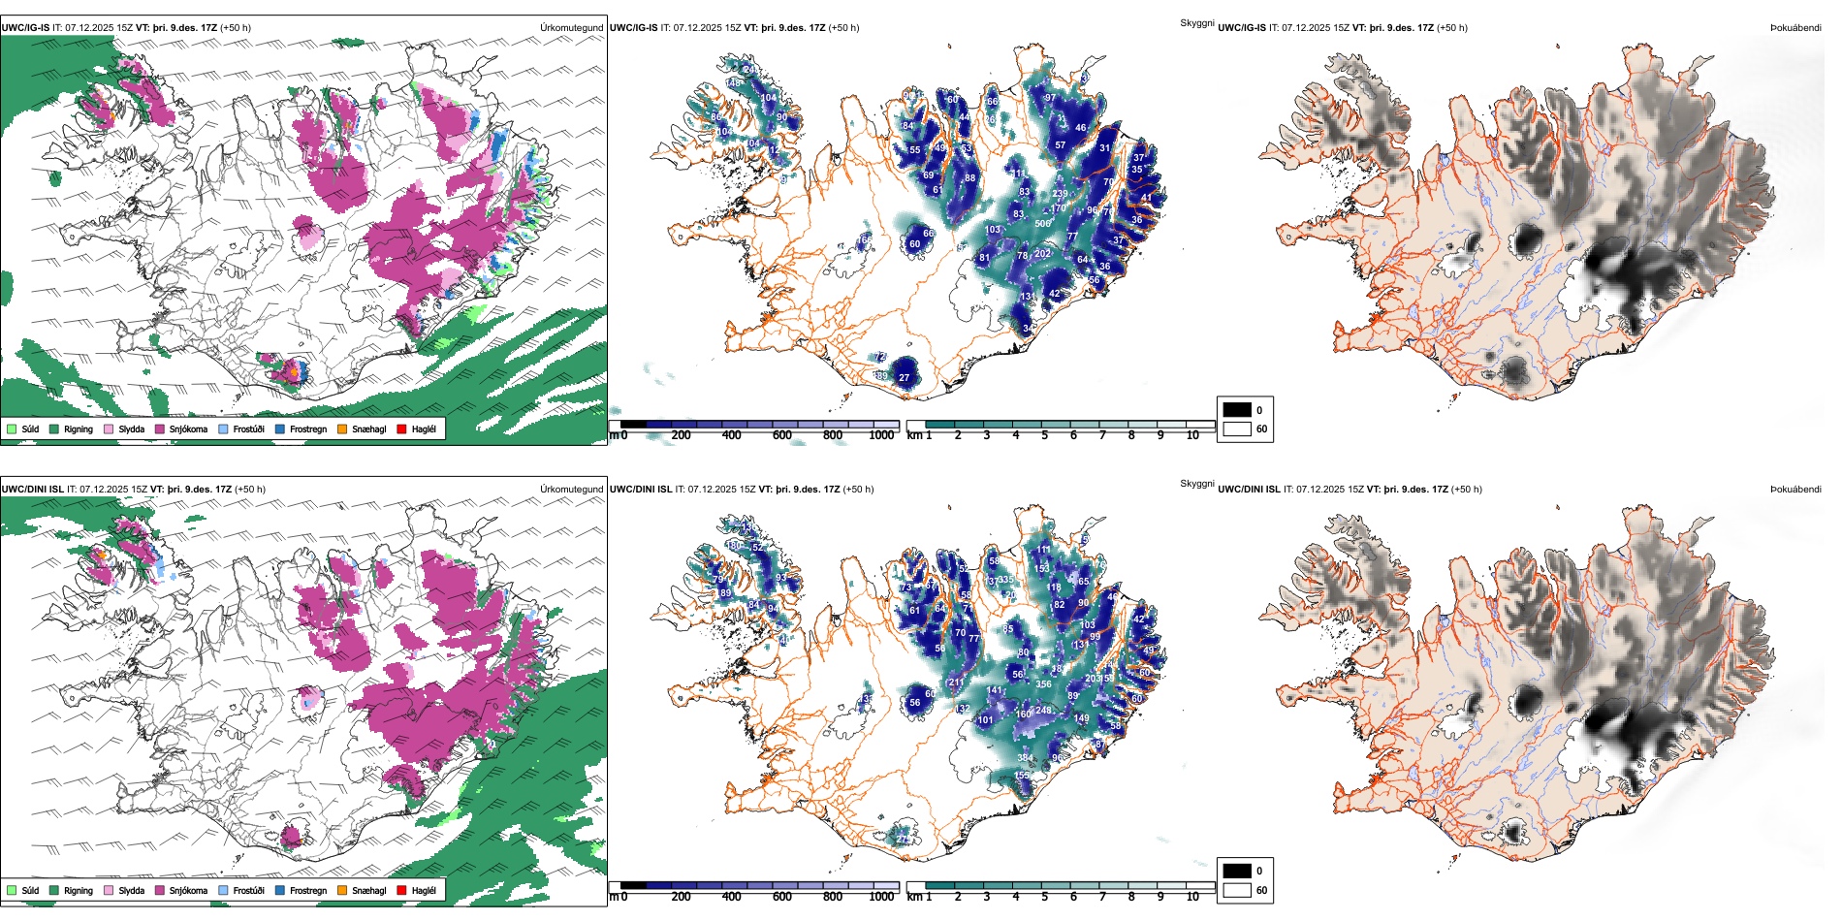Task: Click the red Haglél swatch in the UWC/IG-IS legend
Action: click(x=401, y=429)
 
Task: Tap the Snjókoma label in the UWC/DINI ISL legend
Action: click(x=188, y=890)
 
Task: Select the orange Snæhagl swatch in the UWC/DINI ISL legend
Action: click(x=342, y=890)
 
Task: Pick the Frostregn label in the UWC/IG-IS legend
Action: click(x=308, y=429)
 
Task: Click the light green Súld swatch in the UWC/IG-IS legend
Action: click(x=12, y=429)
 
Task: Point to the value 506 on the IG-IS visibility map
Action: click(x=1043, y=224)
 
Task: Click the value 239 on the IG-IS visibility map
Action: click(x=1060, y=194)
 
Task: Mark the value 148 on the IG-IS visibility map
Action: click(x=734, y=83)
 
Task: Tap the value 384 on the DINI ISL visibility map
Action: click(x=1025, y=758)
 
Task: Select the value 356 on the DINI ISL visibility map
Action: click(x=1043, y=684)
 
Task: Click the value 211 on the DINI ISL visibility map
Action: click(x=957, y=683)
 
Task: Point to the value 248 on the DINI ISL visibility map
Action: click(x=1043, y=711)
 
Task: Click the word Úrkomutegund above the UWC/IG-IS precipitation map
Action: click(x=571, y=27)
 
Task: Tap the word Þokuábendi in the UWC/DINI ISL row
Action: click(x=1795, y=489)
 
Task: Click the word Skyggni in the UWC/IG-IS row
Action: click(x=1196, y=22)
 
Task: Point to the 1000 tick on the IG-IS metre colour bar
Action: click(x=881, y=435)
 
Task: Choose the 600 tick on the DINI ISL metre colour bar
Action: click(x=781, y=897)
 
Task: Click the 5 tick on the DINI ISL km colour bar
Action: click(x=1044, y=897)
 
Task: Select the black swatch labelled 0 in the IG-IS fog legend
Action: click(x=1237, y=409)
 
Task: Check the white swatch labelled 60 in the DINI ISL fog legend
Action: click(x=1237, y=889)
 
